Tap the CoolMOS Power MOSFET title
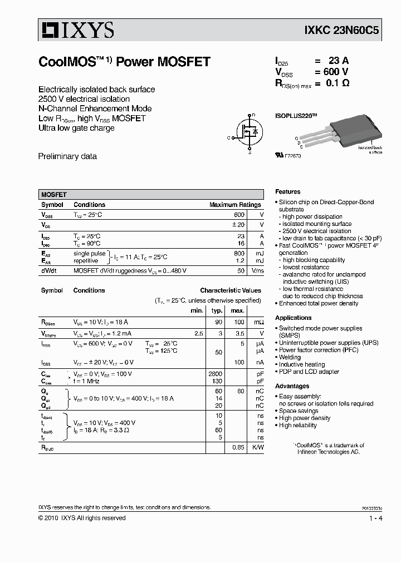click(x=124, y=62)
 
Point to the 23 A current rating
click(x=337, y=61)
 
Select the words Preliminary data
click(x=67, y=156)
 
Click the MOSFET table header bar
click(x=151, y=195)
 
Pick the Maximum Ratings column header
click(x=235, y=205)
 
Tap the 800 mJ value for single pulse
click(x=239, y=254)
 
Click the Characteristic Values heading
click(x=231, y=290)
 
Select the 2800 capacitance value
click(x=215, y=374)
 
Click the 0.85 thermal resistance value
click(x=238, y=447)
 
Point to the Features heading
click(x=287, y=191)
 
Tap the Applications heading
click(x=294, y=318)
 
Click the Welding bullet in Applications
click(x=290, y=357)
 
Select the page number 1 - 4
click(x=375, y=518)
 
